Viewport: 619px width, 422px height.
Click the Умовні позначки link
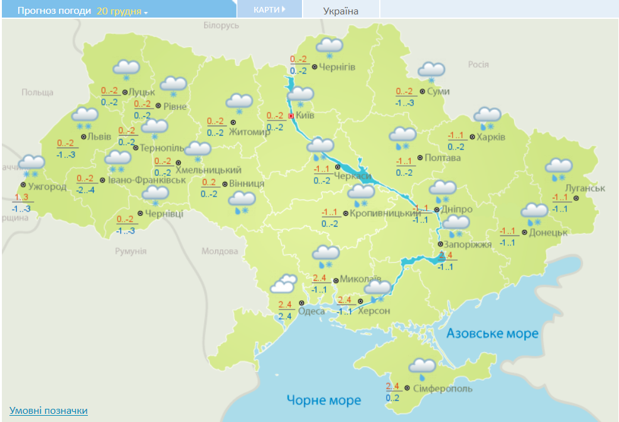(48, 411)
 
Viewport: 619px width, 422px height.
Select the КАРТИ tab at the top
(269, 9)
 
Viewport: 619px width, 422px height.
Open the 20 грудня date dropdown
(122, 11)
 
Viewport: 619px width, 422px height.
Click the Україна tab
(341, 11)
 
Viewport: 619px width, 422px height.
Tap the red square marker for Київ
(291, 116)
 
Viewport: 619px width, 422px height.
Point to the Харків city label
(490, 137)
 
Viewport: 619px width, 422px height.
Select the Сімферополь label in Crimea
(443, 389)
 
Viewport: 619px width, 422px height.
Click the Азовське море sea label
(492, 333)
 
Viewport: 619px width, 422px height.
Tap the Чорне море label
(324, 400)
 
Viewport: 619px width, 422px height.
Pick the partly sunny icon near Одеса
(283, 284)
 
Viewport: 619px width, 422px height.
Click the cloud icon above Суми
(431, 71)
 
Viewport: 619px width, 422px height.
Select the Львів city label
(99, 137)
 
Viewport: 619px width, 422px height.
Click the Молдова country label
(219, 251)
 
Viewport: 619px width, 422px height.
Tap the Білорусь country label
(222, 26)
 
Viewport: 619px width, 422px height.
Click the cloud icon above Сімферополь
(422, 367)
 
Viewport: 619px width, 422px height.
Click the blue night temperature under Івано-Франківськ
(85, 190)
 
